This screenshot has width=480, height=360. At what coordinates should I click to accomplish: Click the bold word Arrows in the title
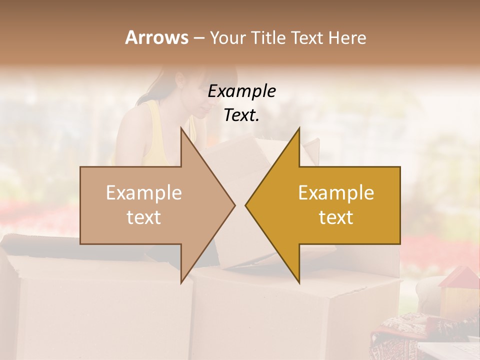156,37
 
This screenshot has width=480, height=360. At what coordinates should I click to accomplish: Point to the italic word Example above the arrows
242,91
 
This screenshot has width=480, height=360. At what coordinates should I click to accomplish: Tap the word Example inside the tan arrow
144,192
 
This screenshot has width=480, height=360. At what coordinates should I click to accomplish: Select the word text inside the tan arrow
144,217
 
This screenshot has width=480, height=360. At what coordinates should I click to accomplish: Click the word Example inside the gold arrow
336,192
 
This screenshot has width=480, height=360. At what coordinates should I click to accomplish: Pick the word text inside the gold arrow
336,217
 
